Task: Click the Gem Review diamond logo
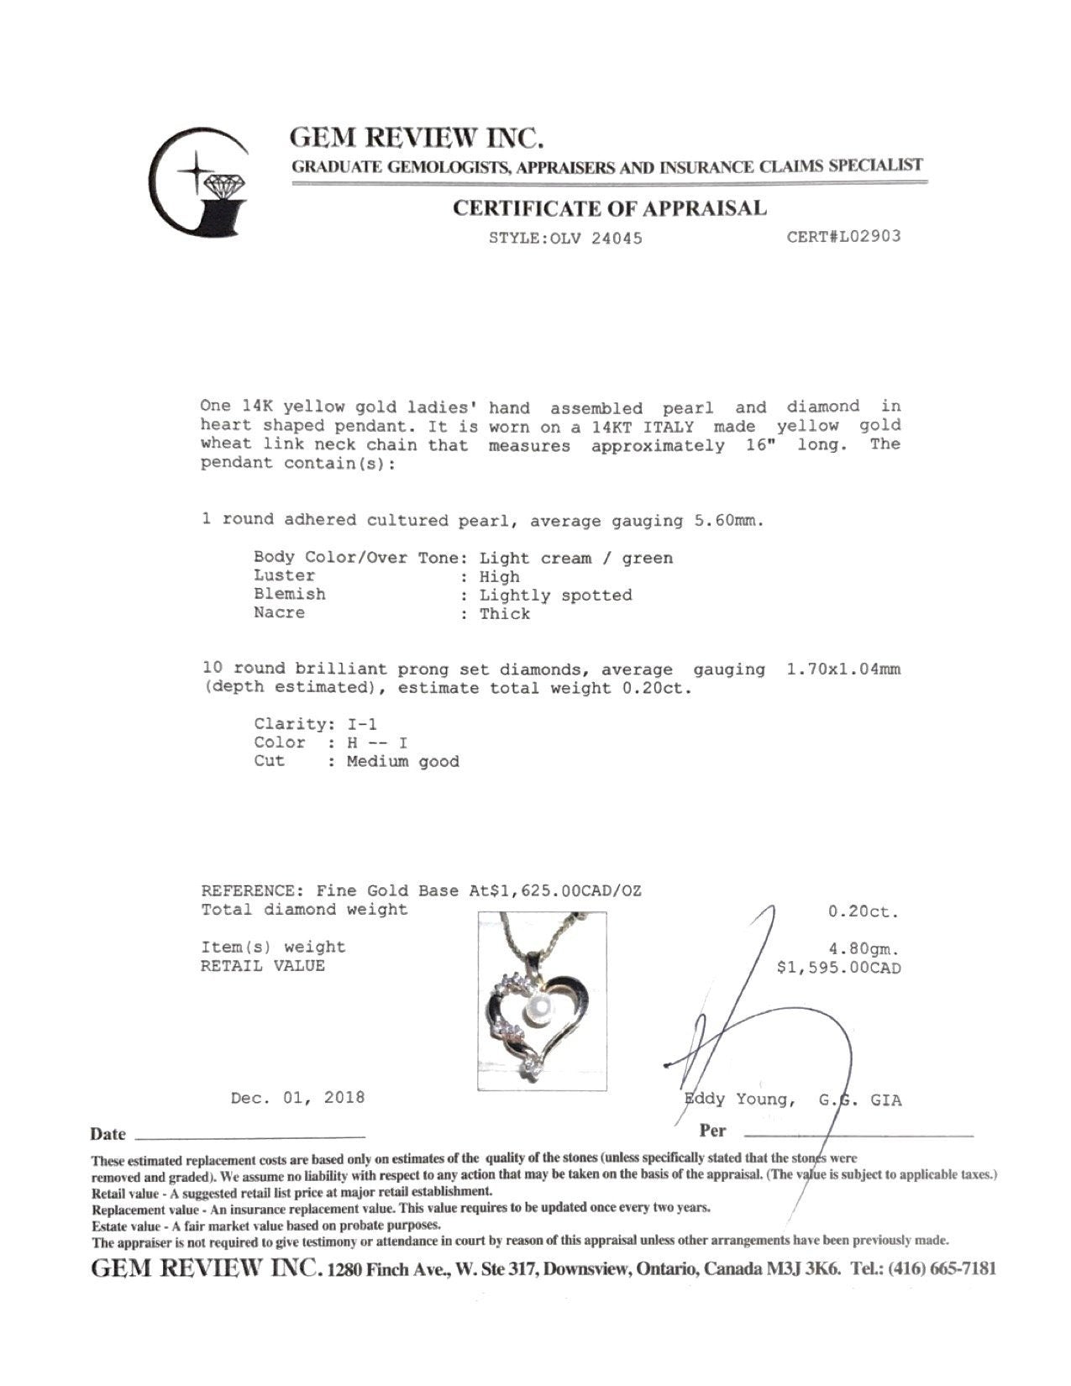199,181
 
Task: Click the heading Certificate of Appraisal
609,208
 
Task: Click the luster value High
499,576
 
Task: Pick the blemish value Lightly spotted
555,595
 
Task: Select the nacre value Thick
504,613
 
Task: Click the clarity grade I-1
367,723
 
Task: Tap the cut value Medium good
402,761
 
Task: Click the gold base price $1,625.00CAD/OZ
556,890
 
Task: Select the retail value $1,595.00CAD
839,968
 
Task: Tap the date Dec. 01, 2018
297,1097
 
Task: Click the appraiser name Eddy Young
737,1100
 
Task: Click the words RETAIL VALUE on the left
262,966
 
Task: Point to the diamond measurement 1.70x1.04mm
843,670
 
